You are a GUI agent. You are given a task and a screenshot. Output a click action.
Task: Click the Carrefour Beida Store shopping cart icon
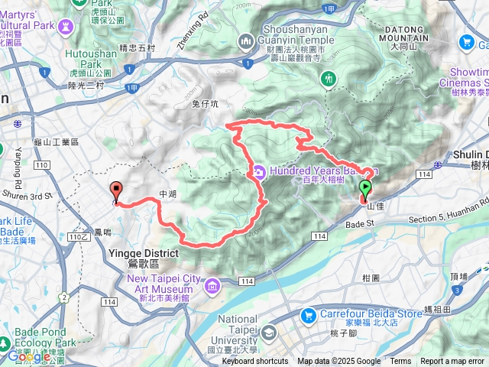(309, 314)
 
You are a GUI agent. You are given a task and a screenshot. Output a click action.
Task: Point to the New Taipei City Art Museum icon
(212, 285)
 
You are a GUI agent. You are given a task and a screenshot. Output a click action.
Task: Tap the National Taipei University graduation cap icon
(269, 333)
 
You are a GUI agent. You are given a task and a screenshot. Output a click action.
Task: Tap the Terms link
(400, 362)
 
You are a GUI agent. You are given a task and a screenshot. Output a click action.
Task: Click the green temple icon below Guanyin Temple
(329, 78)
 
